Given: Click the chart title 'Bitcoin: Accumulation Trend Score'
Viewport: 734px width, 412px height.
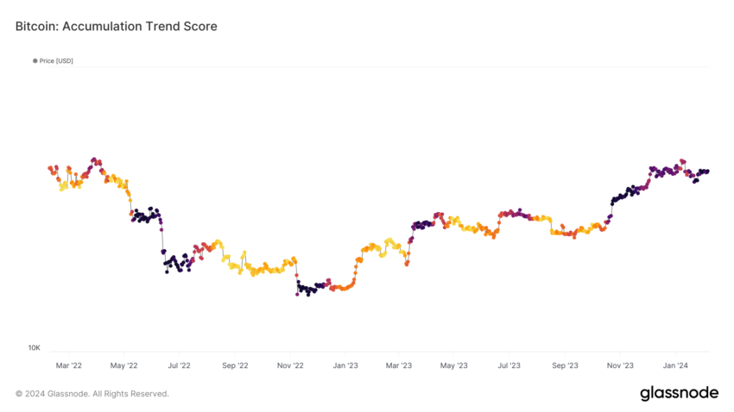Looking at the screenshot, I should point(117,27).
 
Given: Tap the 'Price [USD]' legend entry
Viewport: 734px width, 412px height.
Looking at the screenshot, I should point(56,60).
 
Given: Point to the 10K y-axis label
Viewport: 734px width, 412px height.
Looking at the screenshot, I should point(34,348).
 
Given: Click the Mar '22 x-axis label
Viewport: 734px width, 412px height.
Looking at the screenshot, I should point(69,365).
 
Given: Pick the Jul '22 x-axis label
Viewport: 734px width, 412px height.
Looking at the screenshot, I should point(179,365).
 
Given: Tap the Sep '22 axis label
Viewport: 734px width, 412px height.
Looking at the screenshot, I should point(235,365).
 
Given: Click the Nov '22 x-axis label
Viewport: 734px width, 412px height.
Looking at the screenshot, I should point(290,365).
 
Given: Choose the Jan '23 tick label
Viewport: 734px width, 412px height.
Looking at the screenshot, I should point(345,365).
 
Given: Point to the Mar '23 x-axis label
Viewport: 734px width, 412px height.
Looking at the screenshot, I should point(398,365).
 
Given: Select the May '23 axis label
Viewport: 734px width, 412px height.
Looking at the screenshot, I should point(453,365).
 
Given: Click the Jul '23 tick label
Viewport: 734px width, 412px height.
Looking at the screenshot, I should point(509,365).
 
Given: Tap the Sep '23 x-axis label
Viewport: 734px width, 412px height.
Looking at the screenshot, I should point(564,365).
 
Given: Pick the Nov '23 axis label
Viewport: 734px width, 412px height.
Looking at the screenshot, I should point(619,365).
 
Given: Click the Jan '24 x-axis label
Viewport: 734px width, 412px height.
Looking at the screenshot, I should point(674,365).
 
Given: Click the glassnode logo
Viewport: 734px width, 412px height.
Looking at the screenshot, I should point(679,394).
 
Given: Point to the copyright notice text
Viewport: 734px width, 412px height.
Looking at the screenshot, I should point(92,394).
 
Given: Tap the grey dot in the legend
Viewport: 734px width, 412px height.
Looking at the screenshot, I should point(35,60).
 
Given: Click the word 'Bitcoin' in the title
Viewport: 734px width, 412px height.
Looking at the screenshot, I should point(35,27).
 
